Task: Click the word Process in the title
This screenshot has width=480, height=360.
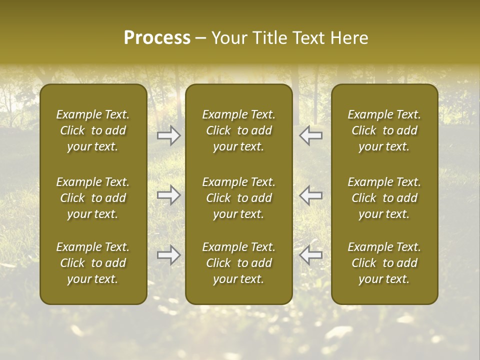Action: click(x=157, y=38)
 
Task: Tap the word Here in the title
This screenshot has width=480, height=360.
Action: click(x=349, y=38)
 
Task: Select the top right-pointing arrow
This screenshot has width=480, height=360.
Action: click(x=169, y=135)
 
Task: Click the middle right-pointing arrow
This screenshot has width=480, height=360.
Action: click(x=169, y=195)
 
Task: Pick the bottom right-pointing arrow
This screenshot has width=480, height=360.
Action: click(x=169, y=255)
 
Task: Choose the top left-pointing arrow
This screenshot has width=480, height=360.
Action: click(x=310, y=135)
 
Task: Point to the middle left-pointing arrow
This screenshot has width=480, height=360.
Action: click(x=310, y=195)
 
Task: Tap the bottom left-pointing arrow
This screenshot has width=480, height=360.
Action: click(x=310, y=255)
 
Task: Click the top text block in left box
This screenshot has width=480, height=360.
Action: click(x=93, y=130)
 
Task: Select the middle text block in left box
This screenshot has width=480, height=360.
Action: click(x=93, y=198)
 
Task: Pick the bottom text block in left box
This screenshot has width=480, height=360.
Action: click(x=93, y=263)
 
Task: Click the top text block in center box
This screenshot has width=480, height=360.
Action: click(x=238, y=130)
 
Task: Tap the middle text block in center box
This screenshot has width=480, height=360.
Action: click(x=238, y=198)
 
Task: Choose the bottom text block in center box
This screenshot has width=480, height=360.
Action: click(x=238, y=263)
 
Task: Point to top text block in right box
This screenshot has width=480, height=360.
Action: click(x=384, y=130)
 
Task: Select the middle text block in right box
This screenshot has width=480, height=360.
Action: click(x=384, y=198)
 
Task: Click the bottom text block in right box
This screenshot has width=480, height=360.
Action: click(x=384, y=263)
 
